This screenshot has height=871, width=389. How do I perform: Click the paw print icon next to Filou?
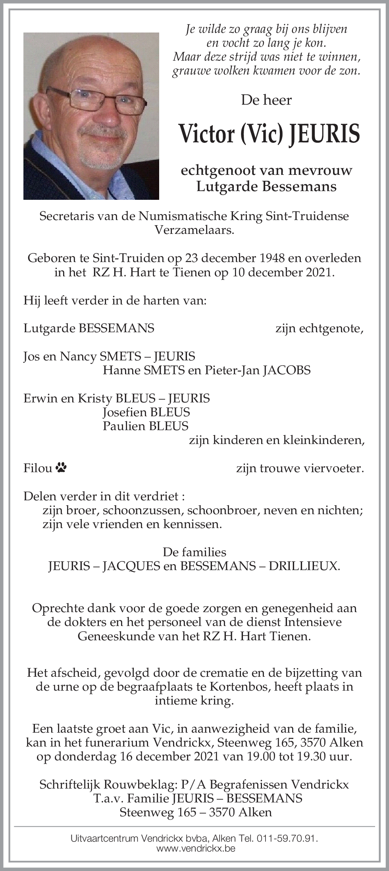pyautogui.click(x=61, y=468)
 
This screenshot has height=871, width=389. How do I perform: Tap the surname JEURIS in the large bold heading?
pyautogui.click(x=324, y=134)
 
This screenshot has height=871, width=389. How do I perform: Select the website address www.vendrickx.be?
pyautogui.click(x=196, y=848)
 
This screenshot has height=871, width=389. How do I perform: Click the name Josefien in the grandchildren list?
pyautogui.click(x=124, y=412)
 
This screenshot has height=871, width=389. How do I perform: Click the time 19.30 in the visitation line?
pyautogui.click(x=313, y=756)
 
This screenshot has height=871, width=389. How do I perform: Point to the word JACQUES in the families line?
pyautogui.click(x=131, y=566)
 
